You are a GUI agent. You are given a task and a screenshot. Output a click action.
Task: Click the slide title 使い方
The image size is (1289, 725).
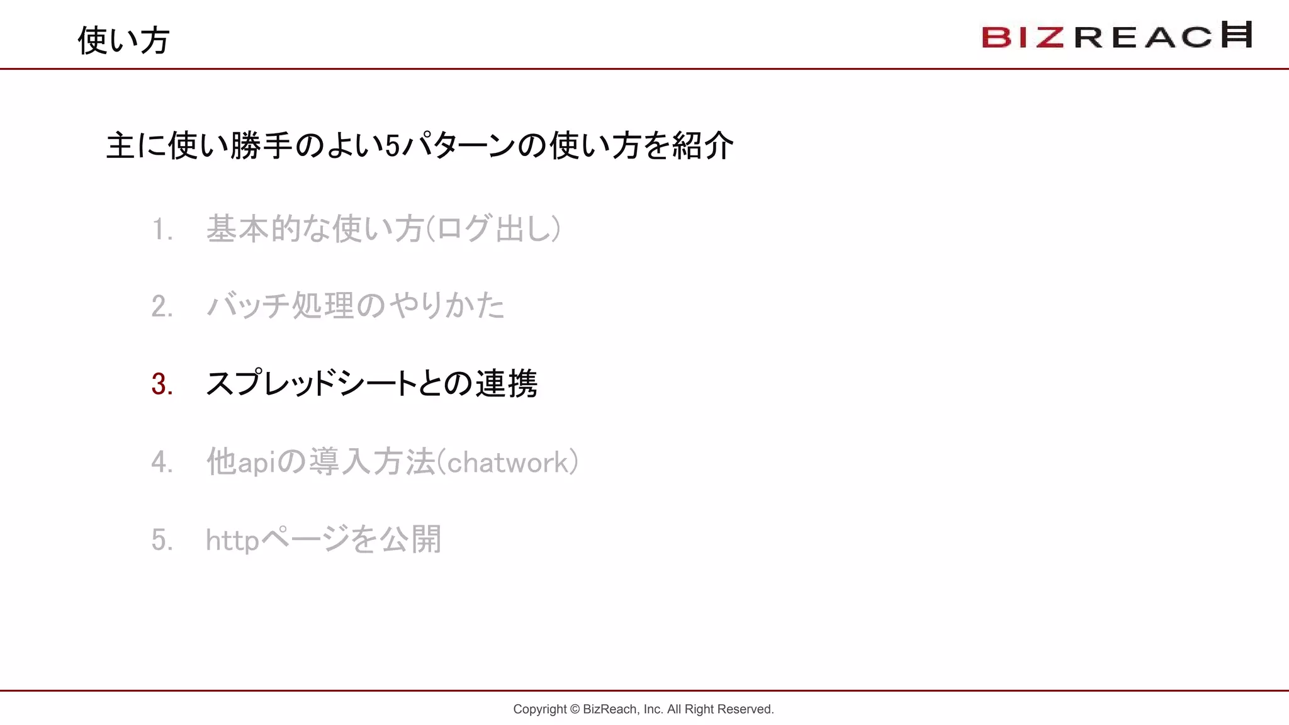tap(123, 40)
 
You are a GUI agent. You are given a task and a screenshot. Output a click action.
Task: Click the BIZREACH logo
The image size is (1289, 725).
tap(1117, 36)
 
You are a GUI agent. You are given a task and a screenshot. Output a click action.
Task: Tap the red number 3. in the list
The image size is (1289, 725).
tap(162, 384)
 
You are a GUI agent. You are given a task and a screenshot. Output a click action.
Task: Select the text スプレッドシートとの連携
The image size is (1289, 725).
tap(371, 384)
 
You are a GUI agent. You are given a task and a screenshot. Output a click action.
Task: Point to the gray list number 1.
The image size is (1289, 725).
tap(162, 229)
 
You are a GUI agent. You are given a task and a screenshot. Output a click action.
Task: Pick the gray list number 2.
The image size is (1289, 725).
tap(162, 306)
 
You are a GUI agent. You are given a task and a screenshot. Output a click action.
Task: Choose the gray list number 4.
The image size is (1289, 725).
tap(162, 463)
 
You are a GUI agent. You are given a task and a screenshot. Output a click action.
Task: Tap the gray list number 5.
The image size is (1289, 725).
tap(162, 540)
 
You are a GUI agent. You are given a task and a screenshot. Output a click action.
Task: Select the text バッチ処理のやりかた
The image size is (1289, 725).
tap(356, 306)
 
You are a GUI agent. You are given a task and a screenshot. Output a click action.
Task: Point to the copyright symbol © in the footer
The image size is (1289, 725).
tap(575, 709)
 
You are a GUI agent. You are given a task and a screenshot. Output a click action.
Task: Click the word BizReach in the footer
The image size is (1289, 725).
tap(609, 709)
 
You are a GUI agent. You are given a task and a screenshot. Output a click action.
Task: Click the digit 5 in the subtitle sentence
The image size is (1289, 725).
tap(392, 147)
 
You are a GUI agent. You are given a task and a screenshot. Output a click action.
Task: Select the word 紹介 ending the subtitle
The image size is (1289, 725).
tap(702, 146)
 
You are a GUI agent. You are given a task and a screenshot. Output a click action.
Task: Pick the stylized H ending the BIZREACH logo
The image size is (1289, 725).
tap(1236, 35)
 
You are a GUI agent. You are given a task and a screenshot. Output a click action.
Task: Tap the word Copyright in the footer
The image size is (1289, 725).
tap(539, 709)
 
